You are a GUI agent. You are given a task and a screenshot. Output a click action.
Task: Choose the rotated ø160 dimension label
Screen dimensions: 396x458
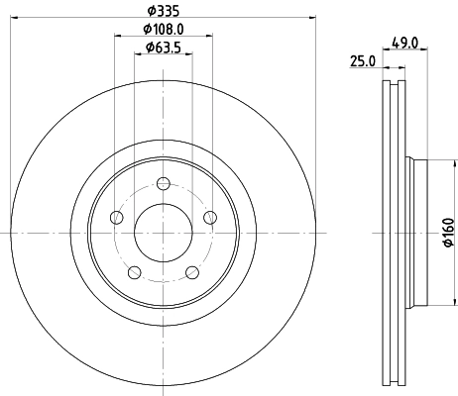(445, 231)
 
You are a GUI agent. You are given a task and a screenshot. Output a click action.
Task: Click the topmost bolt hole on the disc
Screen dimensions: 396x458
(164, 182)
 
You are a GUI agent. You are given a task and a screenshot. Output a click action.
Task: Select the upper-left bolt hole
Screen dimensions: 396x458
(117, 217)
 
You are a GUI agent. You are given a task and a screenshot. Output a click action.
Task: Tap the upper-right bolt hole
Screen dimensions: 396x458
(209, 217)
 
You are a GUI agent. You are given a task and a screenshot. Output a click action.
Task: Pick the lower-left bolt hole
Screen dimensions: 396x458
(135, 272)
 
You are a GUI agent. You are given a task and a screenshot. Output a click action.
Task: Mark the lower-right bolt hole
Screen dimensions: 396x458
(191, 272)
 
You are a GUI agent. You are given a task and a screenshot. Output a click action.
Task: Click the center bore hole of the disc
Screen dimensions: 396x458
(163, 233)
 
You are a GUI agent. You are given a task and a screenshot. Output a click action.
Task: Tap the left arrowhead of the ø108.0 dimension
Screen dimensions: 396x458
(117, 37)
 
